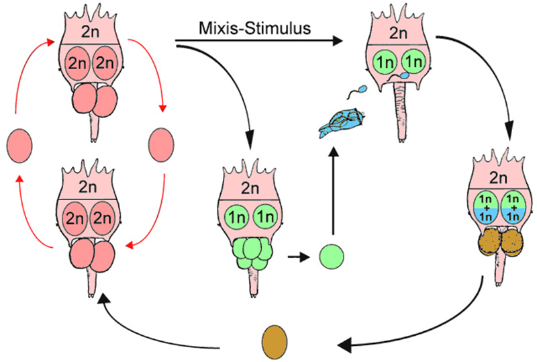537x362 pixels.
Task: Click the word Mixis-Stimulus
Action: (x=255, y=28)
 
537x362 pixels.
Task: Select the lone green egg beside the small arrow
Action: (x=332, y=256)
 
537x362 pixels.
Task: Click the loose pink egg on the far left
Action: (x=20, y=145)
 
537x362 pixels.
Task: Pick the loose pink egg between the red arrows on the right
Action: (x=161, y=145)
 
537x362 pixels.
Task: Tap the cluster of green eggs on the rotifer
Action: (x=253, y=253)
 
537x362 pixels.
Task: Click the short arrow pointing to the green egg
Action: (x=298, y=256)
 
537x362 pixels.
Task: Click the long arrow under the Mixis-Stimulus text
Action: (x=259, y=41)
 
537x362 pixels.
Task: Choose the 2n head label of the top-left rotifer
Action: (x=91, y=32)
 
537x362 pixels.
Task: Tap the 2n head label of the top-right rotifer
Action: (x=398, y=34)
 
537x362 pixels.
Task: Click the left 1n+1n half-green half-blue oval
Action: (x=485, y=208)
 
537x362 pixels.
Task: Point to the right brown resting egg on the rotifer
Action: (x=512, y=242)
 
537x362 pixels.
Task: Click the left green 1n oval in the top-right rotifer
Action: (x=385, y=62)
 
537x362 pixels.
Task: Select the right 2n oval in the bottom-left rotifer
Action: (x=102, y=218)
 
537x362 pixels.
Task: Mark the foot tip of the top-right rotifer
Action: (x=402, y=140)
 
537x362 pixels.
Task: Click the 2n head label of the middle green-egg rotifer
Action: (x=250, y=188)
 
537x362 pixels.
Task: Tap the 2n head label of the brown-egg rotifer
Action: (x=498, y=178)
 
